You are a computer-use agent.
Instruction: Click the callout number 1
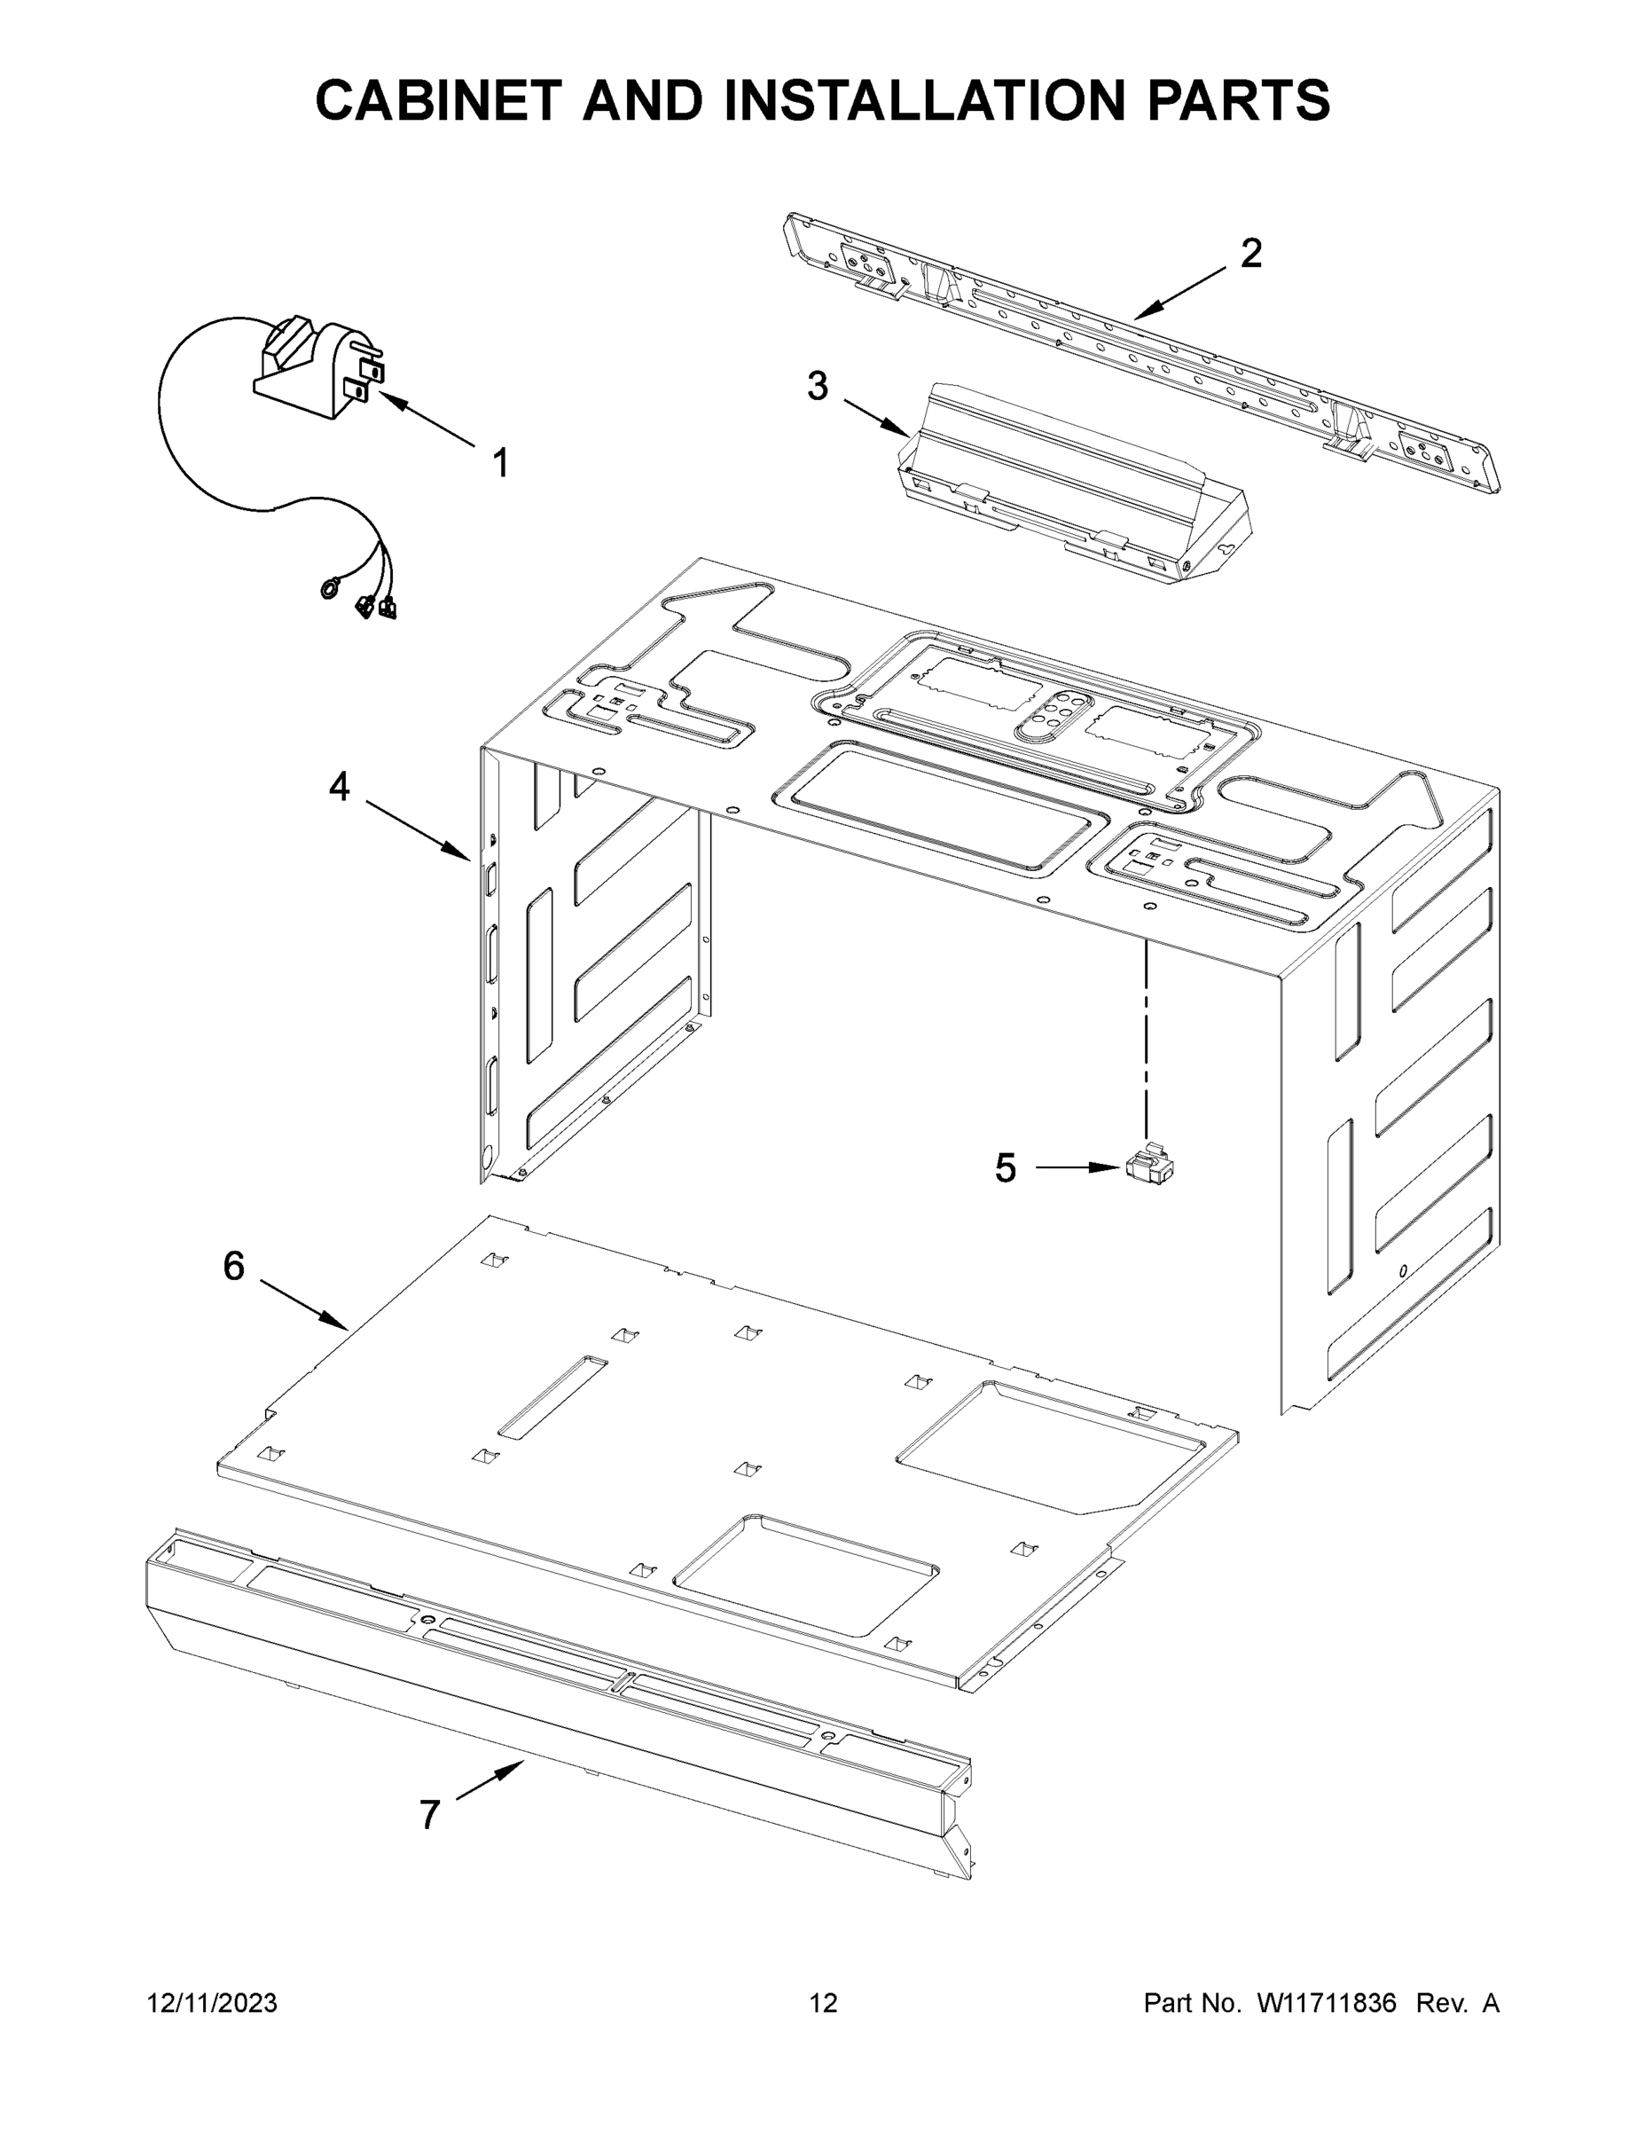click(500, 463)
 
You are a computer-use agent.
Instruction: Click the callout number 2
click(1250, 254)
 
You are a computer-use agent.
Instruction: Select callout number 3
click(817, 386)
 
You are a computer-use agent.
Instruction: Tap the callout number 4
click(338, 786)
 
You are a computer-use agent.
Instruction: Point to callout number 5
click(1005, 1167)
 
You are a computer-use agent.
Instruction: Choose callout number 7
click(429, 1815)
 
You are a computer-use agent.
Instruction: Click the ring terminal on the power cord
click(329, 588)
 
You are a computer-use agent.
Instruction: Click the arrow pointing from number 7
click(490, 1781)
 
